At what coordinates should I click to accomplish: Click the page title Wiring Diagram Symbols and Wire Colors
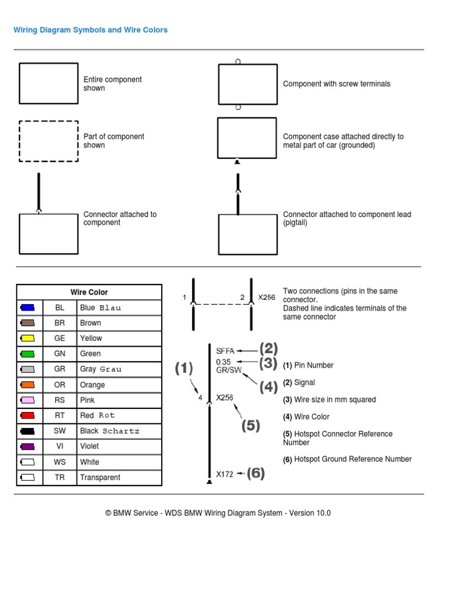click(x=91, y=30)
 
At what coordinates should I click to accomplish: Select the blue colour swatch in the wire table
click(x=28, y=308)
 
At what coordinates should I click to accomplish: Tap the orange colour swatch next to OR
click(x=28, y=385)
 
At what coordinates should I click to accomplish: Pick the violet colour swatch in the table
click(x=28, y=446)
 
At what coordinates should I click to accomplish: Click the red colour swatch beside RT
click(x=28, y=416)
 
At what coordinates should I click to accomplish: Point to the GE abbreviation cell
click(x=60, y=338)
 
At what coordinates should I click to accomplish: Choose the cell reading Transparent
click(x=100, y=477)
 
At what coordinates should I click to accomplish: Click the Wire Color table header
click(x=89, y=292)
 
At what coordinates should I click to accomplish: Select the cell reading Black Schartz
click(x=110, y=431)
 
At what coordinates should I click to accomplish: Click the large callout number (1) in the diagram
click(x=184, y=369)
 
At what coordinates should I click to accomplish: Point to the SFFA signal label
click(x=225, y=350)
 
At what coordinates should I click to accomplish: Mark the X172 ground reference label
click(x=225, y=474)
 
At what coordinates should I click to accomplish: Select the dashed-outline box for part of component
click(x=49, y=141)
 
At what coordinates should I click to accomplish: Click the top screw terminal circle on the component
click(x=238, y=61)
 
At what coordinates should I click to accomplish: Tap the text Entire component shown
click(x=113, y=84)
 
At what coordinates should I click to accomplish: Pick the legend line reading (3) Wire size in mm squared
click(x=329, y=400)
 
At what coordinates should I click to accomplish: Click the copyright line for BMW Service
click(x=218, y=513)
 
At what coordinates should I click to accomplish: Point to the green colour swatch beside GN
click(x=28, y=354)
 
